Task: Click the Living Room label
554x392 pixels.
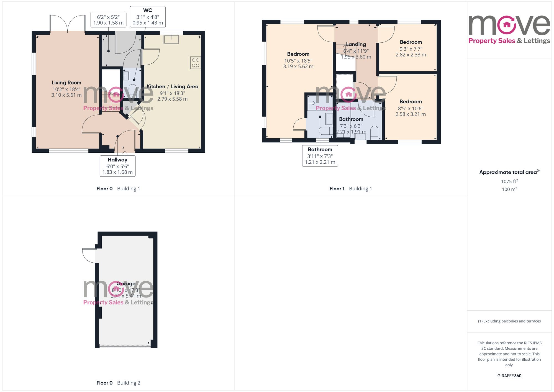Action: (x=66, y=83)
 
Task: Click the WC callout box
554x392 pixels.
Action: (x=148, y=17)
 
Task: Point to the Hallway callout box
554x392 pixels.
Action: (x=117, y=166)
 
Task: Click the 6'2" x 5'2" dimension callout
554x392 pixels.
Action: (x=108, y=20)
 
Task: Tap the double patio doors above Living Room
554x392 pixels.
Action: (x=67, y=24)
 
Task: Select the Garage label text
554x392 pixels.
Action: (x=126, y=283)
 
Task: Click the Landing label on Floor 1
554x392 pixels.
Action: (x=356, y=44)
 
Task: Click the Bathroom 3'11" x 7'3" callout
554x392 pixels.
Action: (x=320, y=156)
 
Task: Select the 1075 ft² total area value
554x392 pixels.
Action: (x=509, y=181)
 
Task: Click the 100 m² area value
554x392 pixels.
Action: (x=509, y=189)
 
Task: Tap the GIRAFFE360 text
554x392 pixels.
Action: (x=509, y=376)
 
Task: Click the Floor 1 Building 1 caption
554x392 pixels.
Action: (x=350, y=189)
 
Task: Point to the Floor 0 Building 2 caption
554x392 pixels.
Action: (x=118, y=383)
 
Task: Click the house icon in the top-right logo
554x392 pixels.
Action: (x=507, y=25)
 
